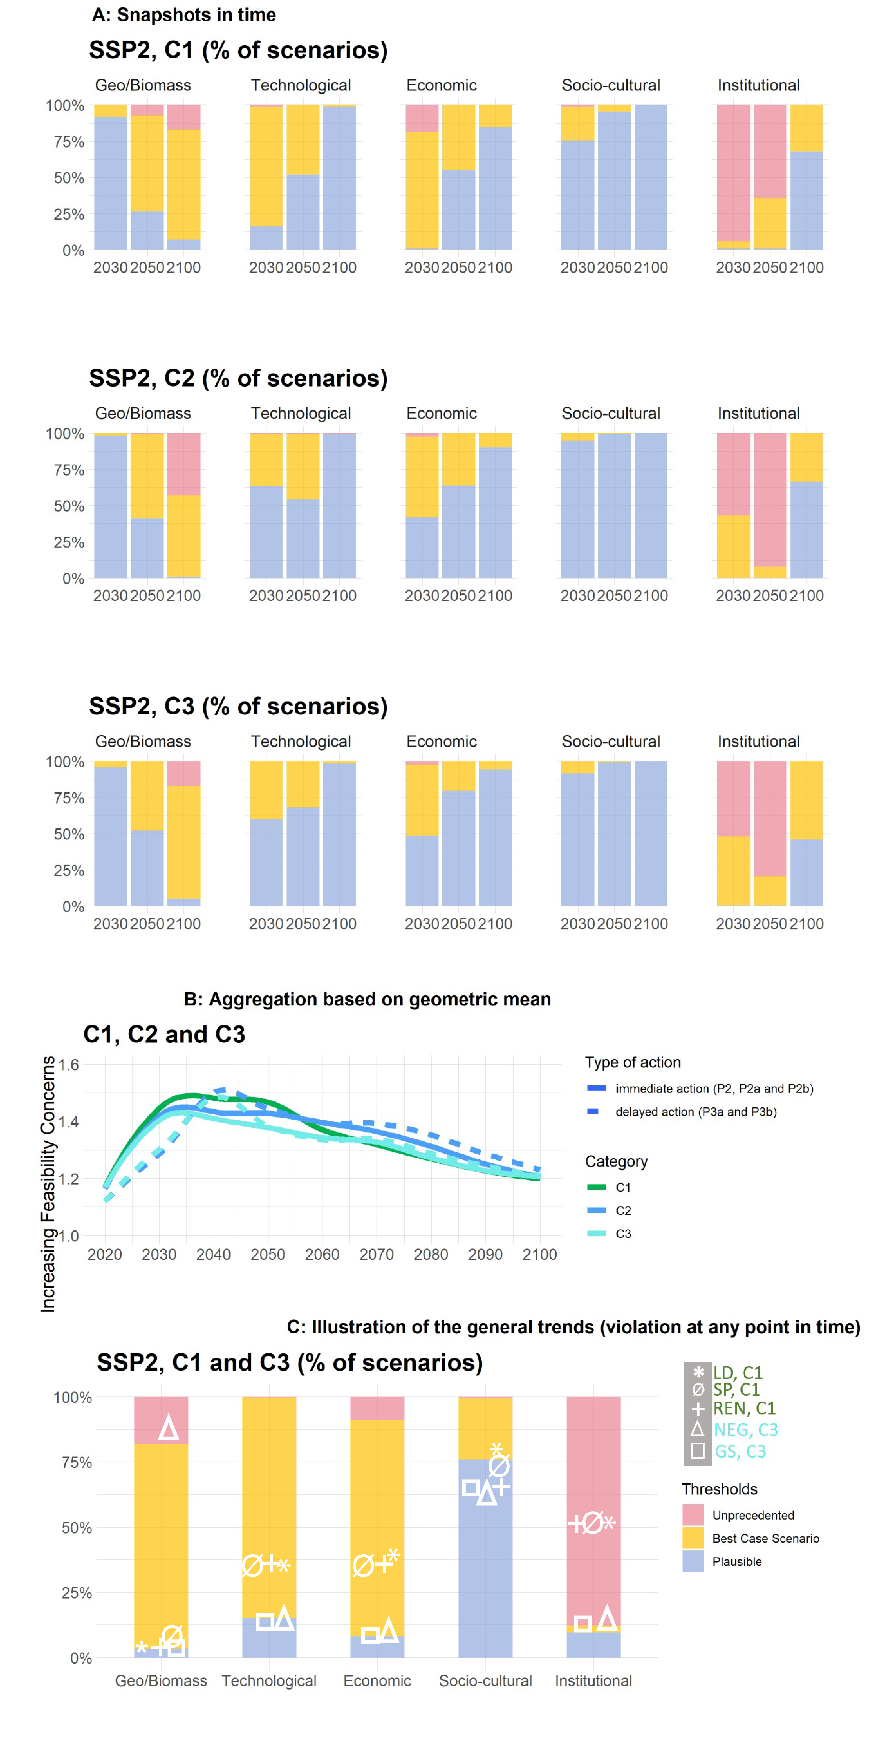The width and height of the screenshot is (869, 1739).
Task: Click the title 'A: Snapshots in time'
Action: [x=184, y=15]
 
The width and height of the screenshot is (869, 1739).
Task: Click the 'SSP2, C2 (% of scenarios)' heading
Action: [x=238, y=378]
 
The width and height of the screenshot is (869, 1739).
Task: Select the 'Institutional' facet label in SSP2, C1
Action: [x=758, y=85]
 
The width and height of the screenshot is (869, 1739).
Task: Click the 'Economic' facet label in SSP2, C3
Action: [x=442, y=741]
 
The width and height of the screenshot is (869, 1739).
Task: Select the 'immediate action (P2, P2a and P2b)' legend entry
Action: [x=714, y=1088]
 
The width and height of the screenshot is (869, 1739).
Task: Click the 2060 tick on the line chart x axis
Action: [x=322, y=1254]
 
